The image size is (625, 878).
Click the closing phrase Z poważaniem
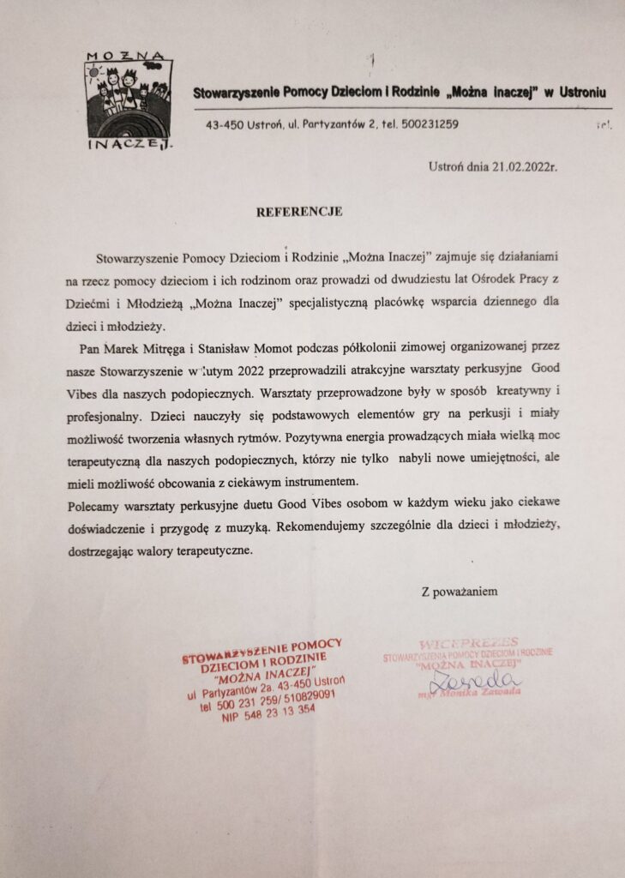[459, 591]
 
